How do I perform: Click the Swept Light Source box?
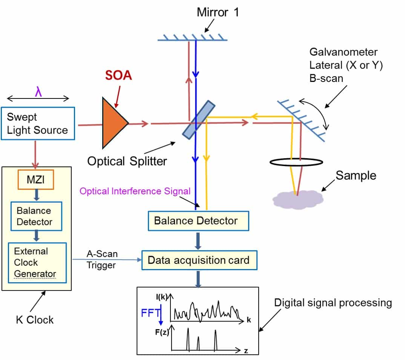38,123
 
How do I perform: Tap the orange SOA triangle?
113,123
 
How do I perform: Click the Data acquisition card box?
199,260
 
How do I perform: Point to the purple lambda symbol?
38,92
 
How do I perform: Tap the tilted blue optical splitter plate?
198,119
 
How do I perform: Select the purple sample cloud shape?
298,198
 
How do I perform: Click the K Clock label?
35,320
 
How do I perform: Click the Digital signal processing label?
333,303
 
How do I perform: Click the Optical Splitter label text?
127,161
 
